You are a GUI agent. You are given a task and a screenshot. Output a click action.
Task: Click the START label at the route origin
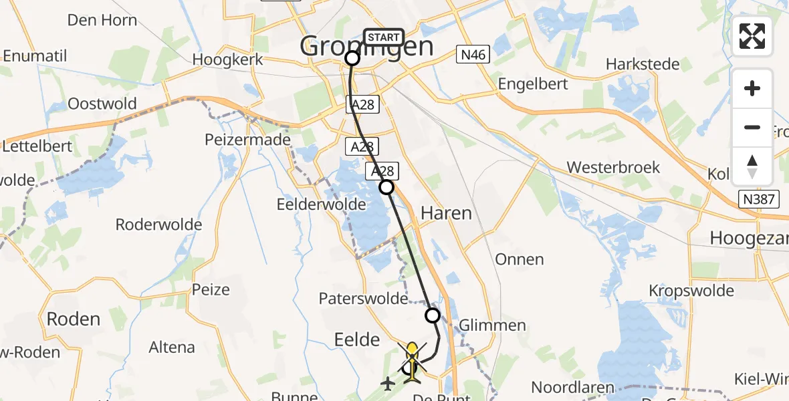point(384,37)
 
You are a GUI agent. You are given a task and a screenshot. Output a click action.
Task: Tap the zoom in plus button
point(752,88)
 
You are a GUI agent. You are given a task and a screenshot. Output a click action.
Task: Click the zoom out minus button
point(752,127)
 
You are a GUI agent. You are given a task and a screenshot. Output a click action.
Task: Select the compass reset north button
point(752,166)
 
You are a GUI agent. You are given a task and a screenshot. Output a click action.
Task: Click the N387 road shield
point(759,198)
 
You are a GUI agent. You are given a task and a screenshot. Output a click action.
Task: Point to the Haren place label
point(446,213)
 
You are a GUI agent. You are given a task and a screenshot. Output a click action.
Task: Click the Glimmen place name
point(493,325)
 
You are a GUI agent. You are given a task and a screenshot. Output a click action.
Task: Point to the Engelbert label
point(533,84)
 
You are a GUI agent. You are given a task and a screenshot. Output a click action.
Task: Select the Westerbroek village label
point(613,167)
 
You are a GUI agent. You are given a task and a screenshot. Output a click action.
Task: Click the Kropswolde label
point(691,291)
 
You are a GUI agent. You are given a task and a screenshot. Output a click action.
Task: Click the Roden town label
point(73,319)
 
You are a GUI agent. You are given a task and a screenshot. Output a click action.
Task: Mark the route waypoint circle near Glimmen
point(433,315)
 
